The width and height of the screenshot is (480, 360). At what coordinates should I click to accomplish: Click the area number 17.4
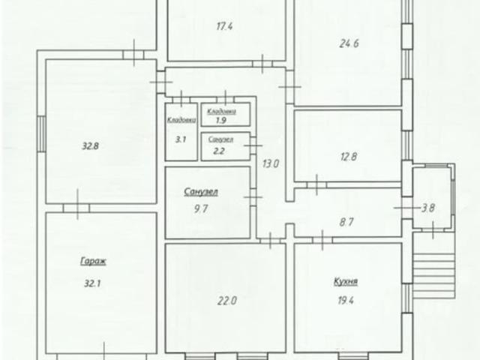pos(223,26)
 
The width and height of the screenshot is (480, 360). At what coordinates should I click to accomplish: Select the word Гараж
pos(93,261)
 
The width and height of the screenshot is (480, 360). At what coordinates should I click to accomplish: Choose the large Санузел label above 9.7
pos(201,191)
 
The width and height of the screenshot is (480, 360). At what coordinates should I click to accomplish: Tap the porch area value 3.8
pos(428,208)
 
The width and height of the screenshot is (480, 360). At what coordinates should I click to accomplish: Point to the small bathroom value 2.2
pos(219,150)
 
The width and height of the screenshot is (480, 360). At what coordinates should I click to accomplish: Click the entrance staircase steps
pos(433,275)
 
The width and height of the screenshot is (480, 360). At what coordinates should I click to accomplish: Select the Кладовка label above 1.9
pos(222,110)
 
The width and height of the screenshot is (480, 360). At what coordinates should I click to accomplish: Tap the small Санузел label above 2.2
pos(220,140)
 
